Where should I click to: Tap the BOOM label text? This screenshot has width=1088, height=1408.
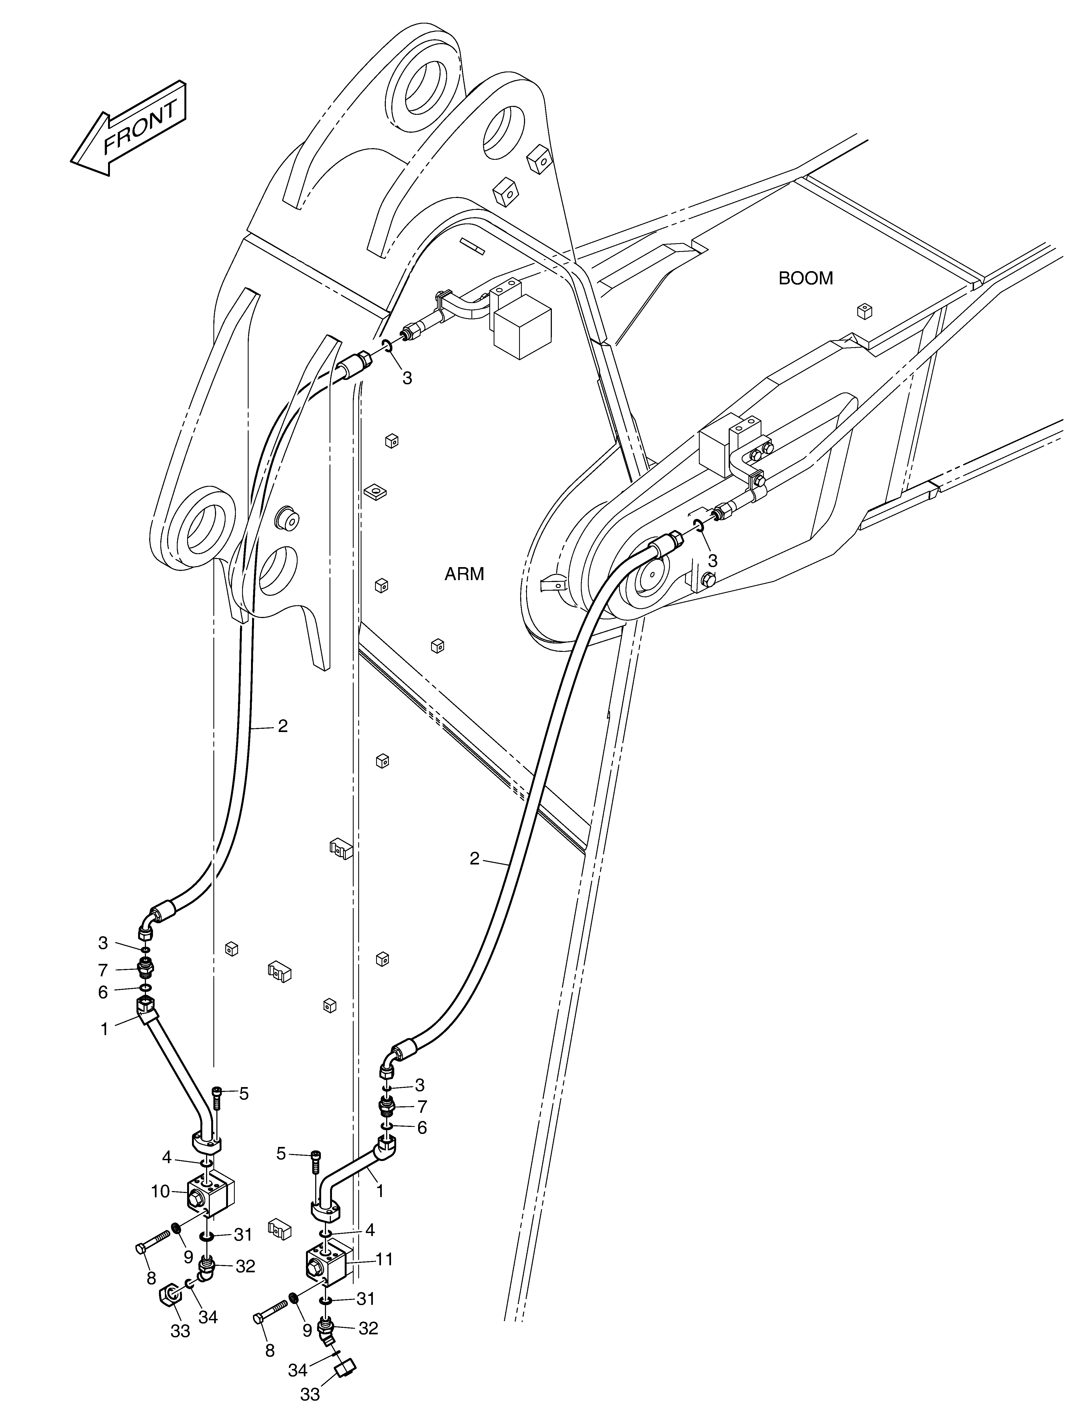click(806, 278)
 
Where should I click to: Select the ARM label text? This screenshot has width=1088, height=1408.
click(464, 574)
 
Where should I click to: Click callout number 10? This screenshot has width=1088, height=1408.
click(161, 1191)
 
